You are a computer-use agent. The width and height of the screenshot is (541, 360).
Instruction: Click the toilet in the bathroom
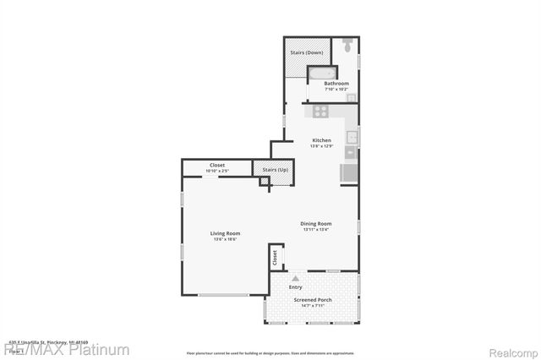(x=347, y=48)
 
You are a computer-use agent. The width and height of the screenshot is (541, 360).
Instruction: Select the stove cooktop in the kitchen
(x=320, y=111)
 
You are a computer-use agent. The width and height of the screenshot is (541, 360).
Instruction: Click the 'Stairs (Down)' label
(x=307, y=52)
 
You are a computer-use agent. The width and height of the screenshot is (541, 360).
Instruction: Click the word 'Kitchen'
(x=321, y=140)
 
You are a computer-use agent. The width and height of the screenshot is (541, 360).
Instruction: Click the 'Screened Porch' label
(x=311, y=301)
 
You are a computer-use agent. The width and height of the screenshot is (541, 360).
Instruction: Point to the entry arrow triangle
(x=295, y=277)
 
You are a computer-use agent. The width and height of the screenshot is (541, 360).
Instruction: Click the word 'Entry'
(x=295, y=287)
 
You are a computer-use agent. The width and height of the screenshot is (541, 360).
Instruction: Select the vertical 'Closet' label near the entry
(x=274, y=258)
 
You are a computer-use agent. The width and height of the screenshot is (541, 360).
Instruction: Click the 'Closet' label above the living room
(x=217, y=165)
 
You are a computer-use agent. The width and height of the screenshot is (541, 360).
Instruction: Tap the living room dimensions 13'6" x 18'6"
(x=225, y=240)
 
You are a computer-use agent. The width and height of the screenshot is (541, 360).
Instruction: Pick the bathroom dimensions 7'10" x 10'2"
(x=336, y=90)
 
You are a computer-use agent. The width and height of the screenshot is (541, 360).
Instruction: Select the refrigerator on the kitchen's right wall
(x=348, y=172)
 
